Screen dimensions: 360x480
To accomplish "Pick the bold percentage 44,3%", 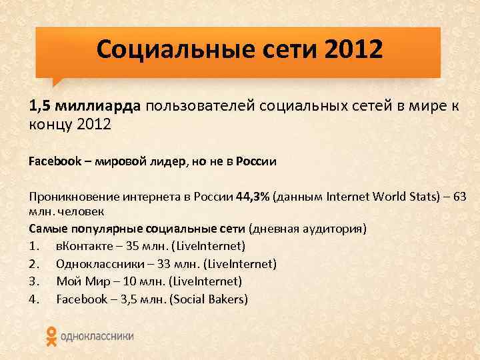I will click(251, 197).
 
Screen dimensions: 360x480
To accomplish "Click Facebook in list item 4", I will click(81, 299).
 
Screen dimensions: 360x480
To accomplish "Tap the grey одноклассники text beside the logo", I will click(97, 337).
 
